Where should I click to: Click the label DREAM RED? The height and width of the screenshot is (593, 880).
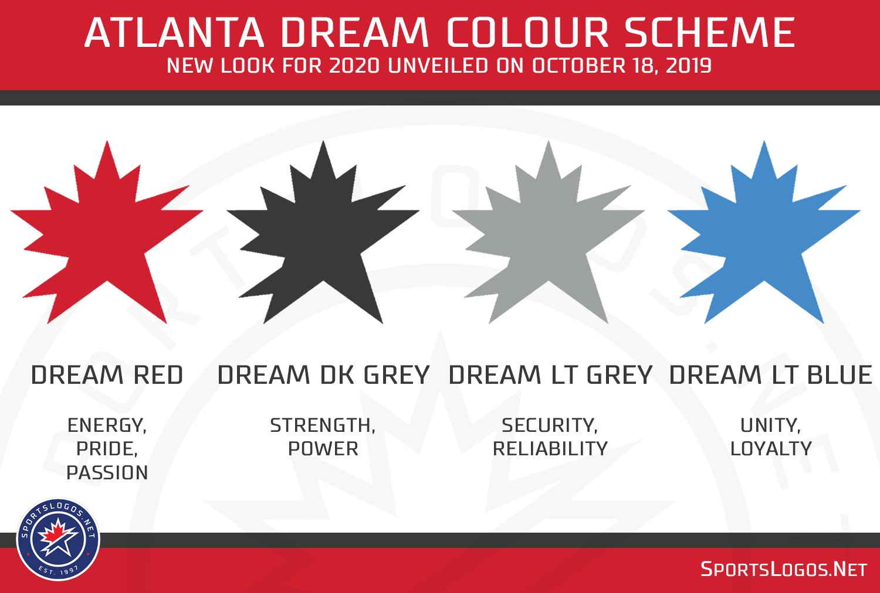pos(107,375)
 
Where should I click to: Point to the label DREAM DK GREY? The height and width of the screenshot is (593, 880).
pos(323,375)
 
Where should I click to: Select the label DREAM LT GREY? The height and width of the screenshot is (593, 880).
pos(550,375)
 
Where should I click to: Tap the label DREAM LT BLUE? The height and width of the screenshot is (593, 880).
pos(770,375)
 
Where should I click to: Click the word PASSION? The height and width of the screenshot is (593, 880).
pos(107,473)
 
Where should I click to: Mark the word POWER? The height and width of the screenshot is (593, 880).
pos(323,449)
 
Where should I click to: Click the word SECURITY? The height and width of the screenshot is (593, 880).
pos(549,425)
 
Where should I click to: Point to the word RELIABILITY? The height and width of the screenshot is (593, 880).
pos(550,449)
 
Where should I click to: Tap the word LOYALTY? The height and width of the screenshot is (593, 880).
pos(771,449)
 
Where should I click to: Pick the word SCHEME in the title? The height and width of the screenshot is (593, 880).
pos(709,33)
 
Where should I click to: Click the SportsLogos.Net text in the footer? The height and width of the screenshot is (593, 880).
pos(784,570)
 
